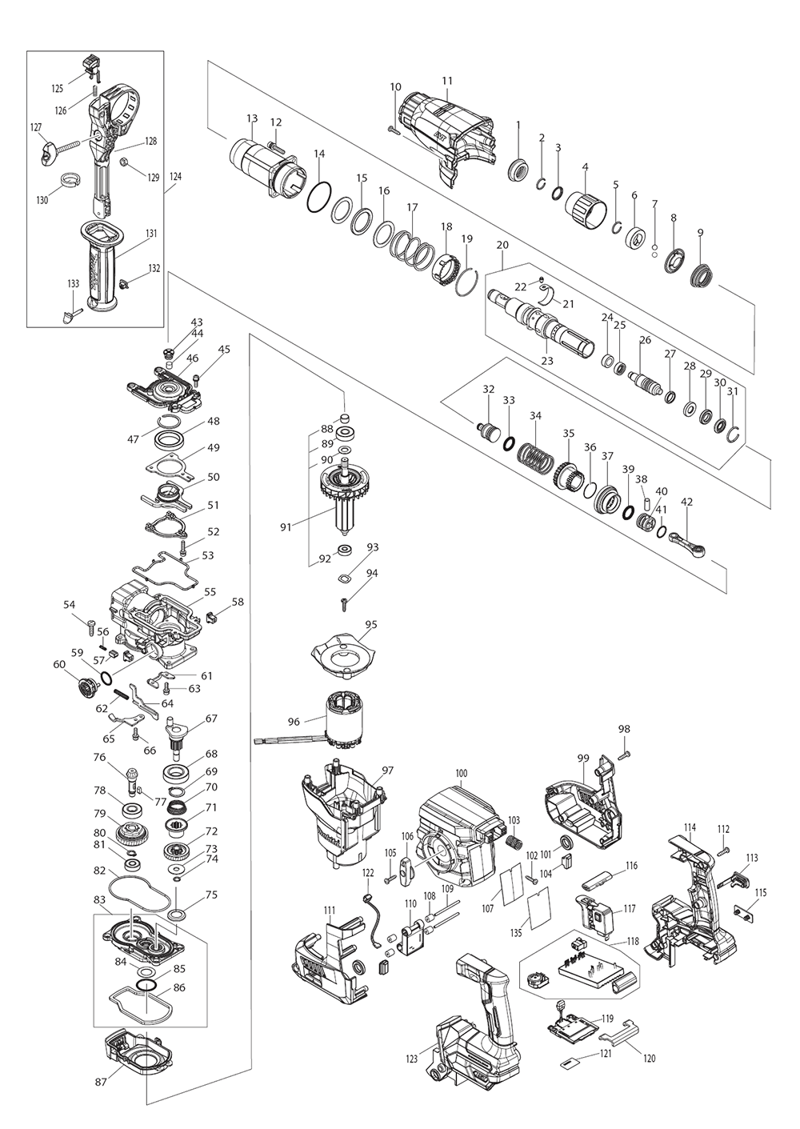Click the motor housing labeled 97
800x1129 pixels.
click(x=340, y=820)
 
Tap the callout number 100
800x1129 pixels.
click(x=461, y=773)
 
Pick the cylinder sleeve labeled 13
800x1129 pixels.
click(x=254, y=165)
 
